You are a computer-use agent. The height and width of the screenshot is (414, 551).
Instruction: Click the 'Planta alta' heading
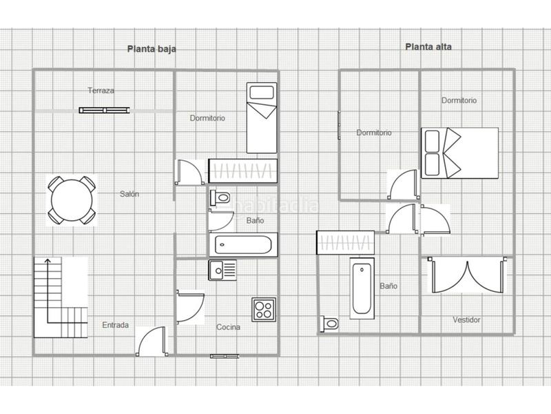coord(428,48)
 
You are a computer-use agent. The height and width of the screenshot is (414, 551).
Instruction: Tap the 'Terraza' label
coord(101,90)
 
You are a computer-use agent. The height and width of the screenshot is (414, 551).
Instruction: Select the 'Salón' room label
coord(129,194)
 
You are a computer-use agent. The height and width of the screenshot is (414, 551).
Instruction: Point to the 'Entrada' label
coord(116,325)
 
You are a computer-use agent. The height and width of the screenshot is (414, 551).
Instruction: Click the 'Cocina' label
coord(228,327)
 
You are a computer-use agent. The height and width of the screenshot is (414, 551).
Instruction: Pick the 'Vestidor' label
coord(466,319)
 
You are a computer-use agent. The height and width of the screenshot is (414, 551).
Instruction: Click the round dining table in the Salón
coord(71,200)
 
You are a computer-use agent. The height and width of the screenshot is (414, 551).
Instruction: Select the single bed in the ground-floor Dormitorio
coord(262,117)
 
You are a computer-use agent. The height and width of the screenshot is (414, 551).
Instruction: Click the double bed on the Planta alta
coord(459,152)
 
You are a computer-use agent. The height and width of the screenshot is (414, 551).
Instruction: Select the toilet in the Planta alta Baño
coord(329,323)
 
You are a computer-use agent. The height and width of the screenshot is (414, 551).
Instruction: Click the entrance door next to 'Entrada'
coord(151,341)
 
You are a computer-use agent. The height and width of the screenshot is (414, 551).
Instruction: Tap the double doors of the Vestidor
coord(466,275)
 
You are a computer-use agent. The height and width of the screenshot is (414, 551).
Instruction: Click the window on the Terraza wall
coord(105,109)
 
